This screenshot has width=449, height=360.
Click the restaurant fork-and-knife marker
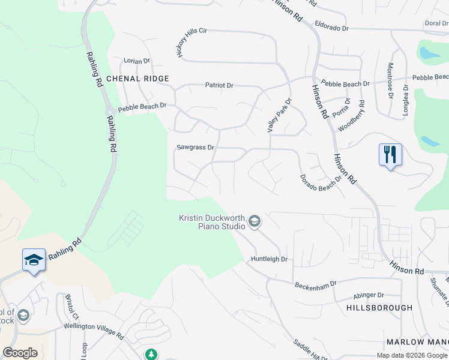390,155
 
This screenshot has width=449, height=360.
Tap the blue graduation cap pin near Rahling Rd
34,260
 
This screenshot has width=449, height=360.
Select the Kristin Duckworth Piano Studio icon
255,222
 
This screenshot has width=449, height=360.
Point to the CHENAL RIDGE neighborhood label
137,79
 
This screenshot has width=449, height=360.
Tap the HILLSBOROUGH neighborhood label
379,308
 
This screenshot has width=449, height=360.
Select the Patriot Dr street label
218,85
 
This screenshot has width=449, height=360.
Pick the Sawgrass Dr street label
195,147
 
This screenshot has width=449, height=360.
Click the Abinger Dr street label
368,295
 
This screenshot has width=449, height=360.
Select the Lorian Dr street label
136,61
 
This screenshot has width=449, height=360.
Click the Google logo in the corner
20,353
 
